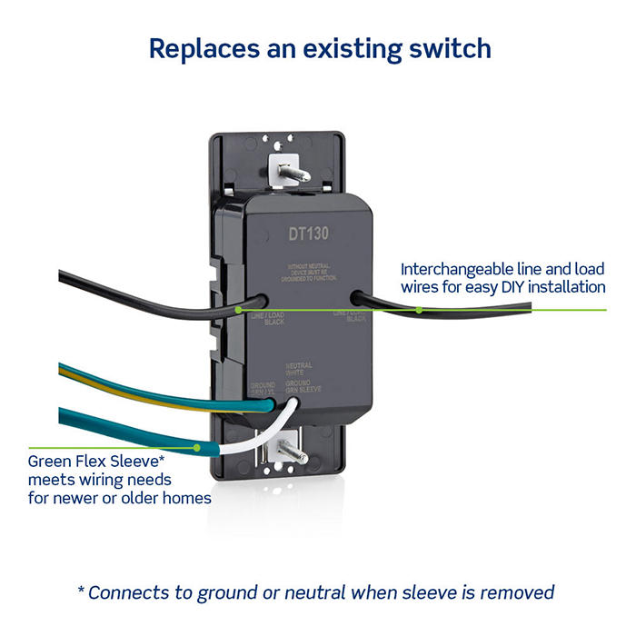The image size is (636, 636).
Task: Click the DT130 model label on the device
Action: tap(309, 234)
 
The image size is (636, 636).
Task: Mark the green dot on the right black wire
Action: tap(419, 310)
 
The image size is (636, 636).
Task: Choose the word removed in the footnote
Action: tap(518, 592)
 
